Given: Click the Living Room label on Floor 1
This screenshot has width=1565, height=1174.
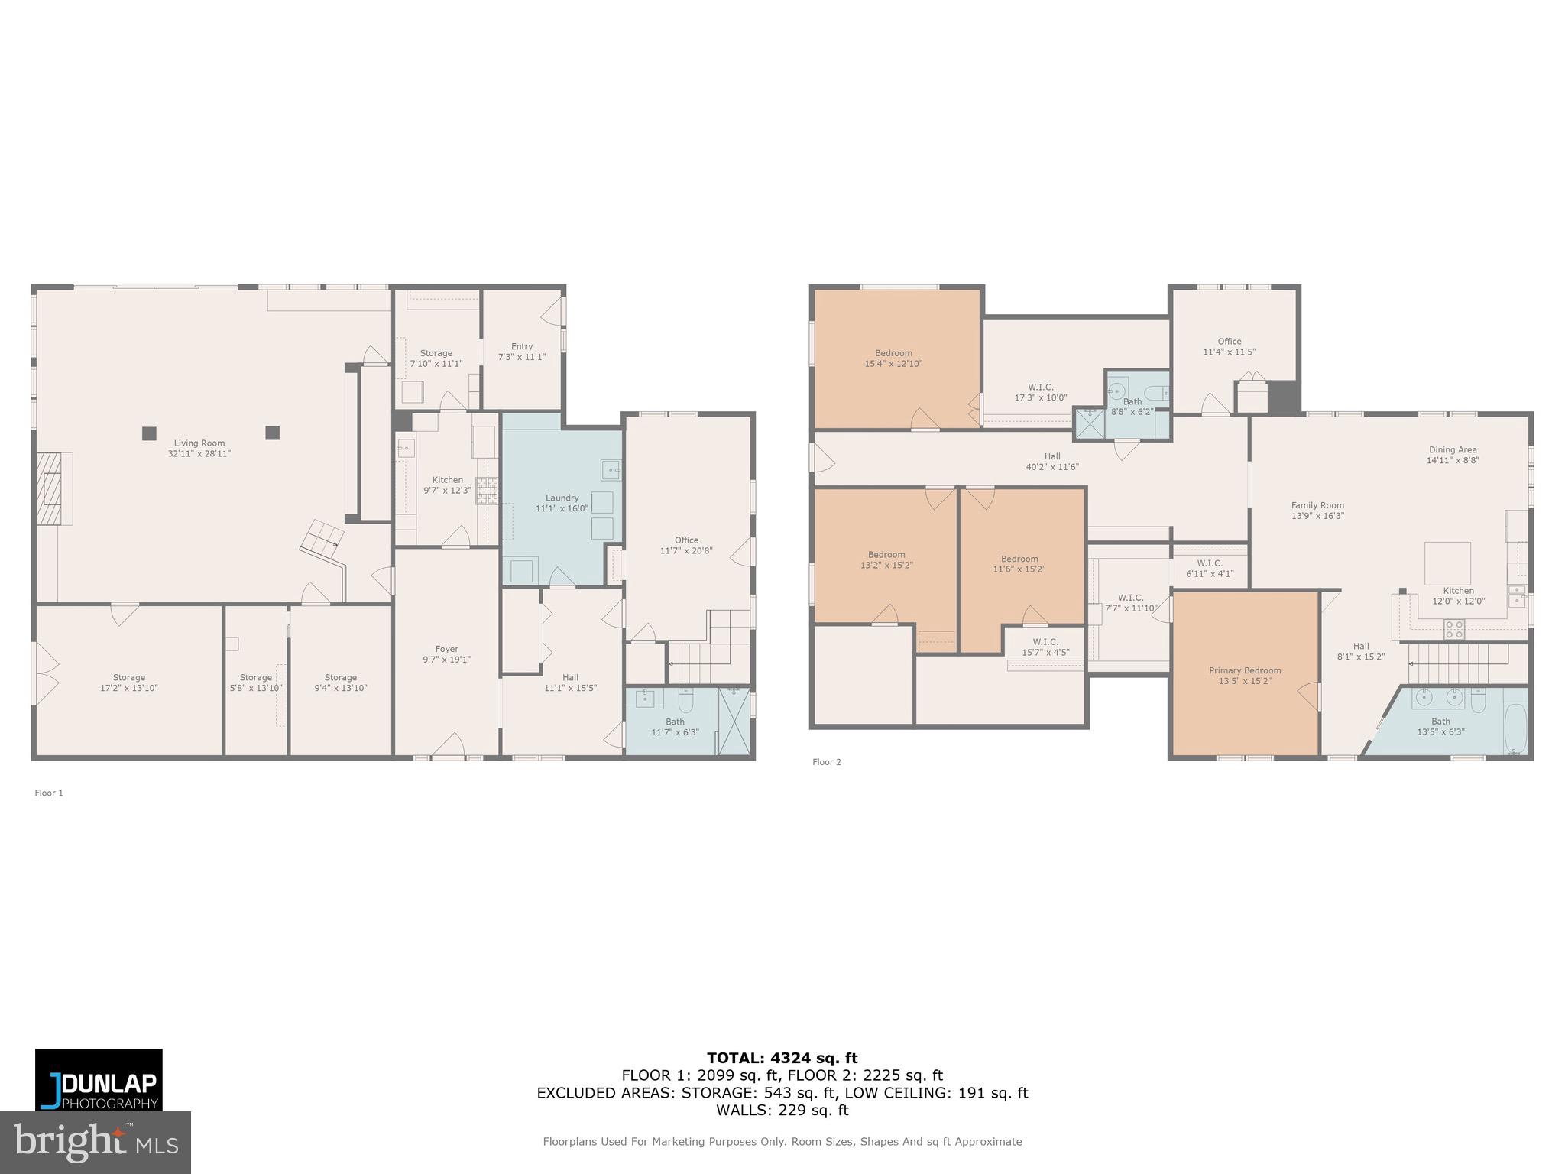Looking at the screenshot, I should tap(199, 443).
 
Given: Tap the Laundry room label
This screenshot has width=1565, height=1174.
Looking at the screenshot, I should tap(562, 498).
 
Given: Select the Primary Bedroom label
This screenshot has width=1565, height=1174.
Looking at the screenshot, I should tap(1245, 670).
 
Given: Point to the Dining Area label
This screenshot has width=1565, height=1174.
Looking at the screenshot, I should tap(1453, 450).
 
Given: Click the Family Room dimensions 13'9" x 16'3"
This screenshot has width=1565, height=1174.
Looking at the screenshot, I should tap(1317, 516).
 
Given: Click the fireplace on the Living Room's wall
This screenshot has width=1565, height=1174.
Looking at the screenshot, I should tap(53, 488).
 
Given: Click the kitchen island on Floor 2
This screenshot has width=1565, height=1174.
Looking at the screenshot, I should tap(1447, 563).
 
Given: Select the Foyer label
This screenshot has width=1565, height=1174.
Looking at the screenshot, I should tap(446, 650).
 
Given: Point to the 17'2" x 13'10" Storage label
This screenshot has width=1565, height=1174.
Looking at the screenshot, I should tap(128, 688).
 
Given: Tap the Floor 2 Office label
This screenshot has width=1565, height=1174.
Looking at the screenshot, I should tap(1229, 342).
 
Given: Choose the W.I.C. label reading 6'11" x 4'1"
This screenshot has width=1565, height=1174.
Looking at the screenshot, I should tap(1210, 573).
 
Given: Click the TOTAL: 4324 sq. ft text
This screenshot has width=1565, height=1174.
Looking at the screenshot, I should tap(782, 1059).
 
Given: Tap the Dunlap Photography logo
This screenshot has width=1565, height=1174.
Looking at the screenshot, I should tap(99, 1078).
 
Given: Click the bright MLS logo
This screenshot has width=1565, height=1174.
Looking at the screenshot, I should tap(95, 1142).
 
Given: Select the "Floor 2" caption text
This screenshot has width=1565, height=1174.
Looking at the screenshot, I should tap(826, 762).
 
